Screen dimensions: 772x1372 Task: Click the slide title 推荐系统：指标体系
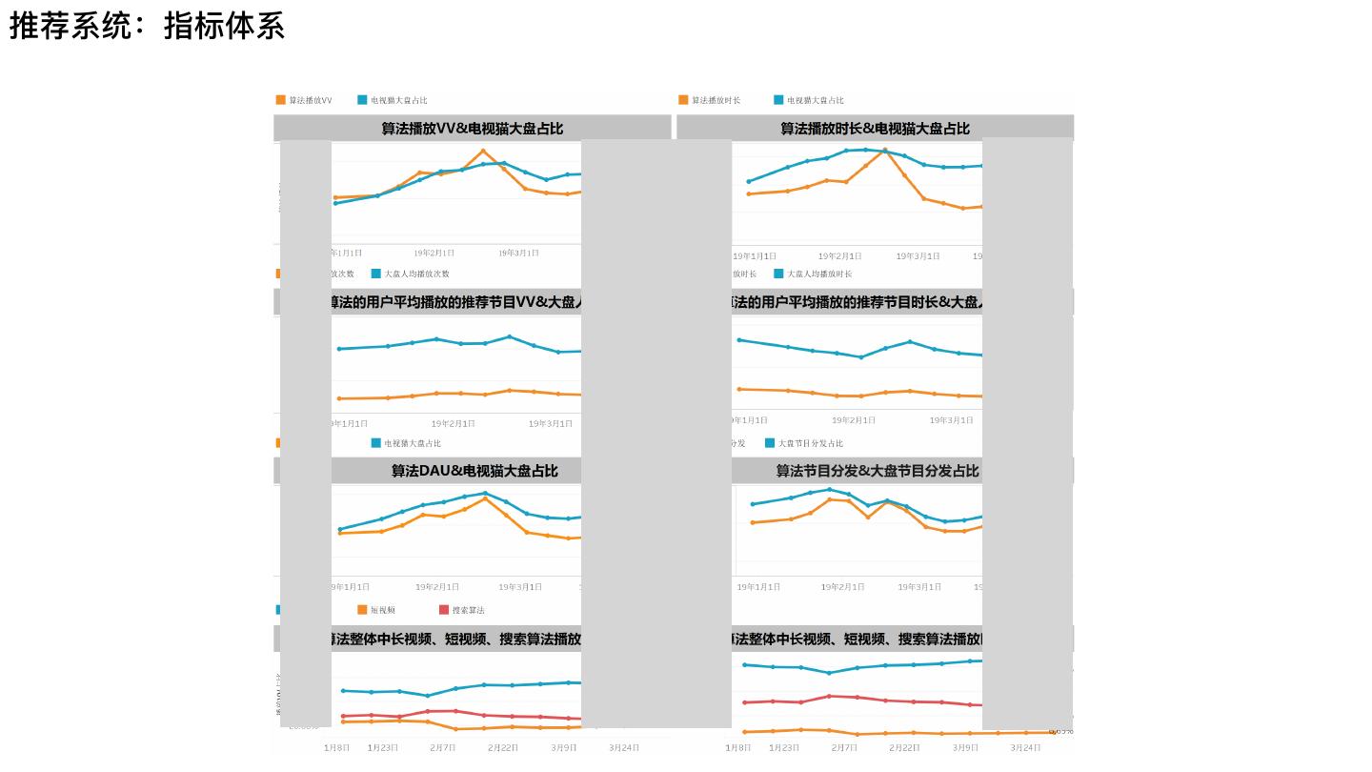147,26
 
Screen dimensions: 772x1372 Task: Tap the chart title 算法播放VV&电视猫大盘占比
472,129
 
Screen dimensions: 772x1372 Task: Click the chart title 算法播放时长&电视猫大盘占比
875,129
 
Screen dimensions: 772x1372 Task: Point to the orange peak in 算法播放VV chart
483,151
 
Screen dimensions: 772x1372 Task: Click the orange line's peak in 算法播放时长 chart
885,151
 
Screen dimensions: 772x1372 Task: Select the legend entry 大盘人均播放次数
416,274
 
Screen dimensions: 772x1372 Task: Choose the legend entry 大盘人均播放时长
818,274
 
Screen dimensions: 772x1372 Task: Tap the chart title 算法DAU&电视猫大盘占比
474,471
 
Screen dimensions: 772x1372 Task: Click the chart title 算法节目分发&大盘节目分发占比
877,471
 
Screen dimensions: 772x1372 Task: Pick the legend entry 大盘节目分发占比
810,443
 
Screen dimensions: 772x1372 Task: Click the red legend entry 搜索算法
468,610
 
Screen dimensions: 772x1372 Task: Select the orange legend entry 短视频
382,610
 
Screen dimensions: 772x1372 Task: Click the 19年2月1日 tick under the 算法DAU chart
436,587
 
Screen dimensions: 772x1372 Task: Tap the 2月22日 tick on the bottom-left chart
503,748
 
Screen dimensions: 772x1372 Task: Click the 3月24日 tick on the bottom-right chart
1025,748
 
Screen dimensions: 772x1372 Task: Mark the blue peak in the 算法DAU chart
485,493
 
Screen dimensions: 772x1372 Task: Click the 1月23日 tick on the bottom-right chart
784,748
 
